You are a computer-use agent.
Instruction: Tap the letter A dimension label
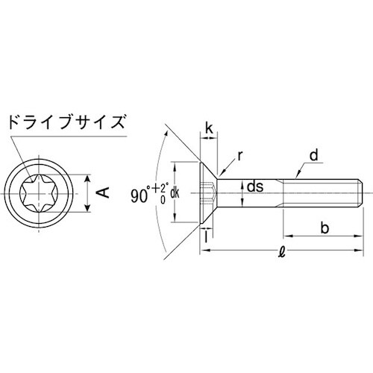point(106,192)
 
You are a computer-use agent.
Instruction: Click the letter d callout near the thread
point(315,156)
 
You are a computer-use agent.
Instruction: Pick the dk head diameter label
point(175,192)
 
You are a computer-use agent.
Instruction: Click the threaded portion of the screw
point(325,192)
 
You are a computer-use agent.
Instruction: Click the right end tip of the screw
point(364,192)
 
